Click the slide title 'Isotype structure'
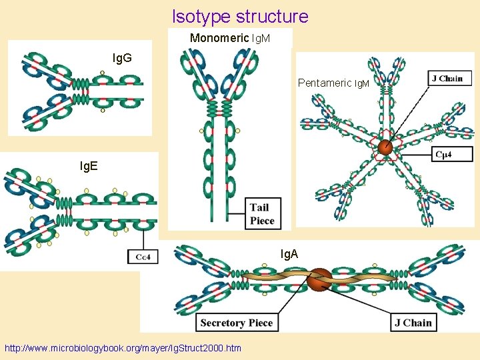tap(240, 16)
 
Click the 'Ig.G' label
tap(122, 58)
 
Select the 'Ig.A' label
tap(289, 254)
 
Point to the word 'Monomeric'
tap(218, 38)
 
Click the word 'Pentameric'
tap(324, 83)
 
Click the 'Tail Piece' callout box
tap(262, 213)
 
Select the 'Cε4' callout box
tap(143, 256)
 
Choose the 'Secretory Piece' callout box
tap(237, 323)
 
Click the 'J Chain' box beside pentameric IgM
tap(447, 78)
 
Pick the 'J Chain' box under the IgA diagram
tap(413, 323)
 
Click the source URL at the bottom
tap(123, 348)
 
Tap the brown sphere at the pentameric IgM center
tap(385, 147)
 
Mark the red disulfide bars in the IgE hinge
tap(69, 218)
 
